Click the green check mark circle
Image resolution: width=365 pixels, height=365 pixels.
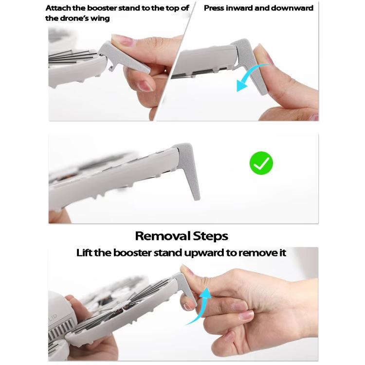pyautogui.click(x=261, y=163)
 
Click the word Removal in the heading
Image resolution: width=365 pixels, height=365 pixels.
pyautogui.click(x=163, y=236)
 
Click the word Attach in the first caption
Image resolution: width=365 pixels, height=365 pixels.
pyautogui.click(x=58, y=8)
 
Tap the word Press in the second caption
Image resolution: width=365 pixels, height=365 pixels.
pyautogui.click(x=214, y=8)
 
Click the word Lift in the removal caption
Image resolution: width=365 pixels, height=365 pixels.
pyautogui.click(x=85, y=253)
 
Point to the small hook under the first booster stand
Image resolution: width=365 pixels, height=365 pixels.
pyautogui.click(x=112, y=68)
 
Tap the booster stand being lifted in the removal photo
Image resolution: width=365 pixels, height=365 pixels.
pyautogui.click(x=186, y=289)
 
